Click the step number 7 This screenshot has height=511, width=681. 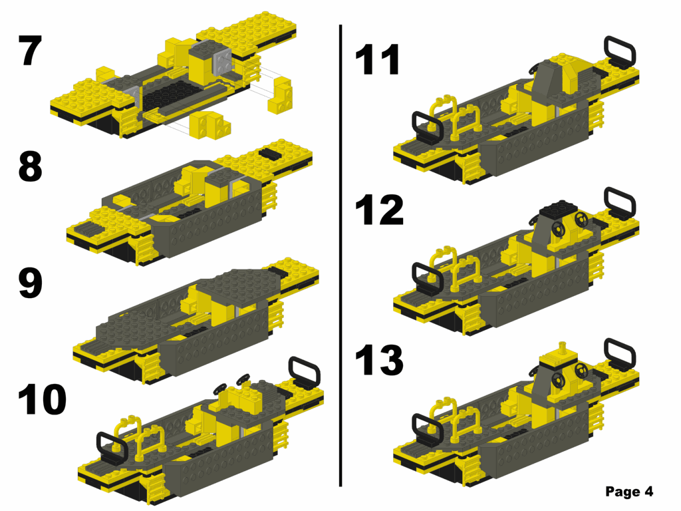click(31, 51)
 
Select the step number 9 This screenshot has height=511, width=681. click(31, 282)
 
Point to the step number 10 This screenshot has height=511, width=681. click(42, 399)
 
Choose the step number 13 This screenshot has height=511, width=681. click(379, 360)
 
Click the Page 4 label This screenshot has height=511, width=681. click(629, 492)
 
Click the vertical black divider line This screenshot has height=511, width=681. click(340, 266)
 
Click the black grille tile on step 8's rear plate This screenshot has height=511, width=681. click(271, 153)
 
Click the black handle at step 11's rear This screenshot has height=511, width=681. click(618, 51)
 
